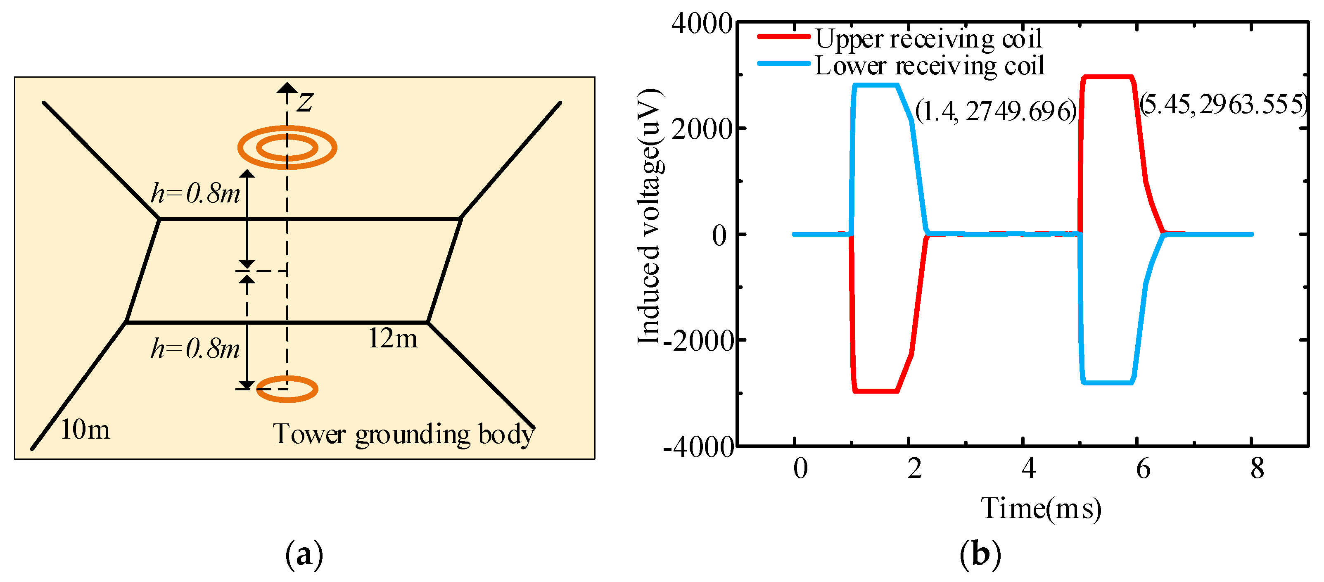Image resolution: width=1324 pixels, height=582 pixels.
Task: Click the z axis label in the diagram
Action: pyautogui.click(x=305, y=101)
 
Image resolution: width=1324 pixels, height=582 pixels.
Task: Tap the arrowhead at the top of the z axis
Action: pyautogui.click(x=287, y=88)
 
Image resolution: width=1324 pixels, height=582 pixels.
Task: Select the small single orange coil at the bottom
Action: pyautogui.click(x=287, y=389)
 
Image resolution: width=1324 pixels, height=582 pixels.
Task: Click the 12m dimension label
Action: pyautogui.click(x=393, y=339)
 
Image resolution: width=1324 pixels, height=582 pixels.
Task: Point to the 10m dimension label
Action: pyautogui.click(x=85, y=430)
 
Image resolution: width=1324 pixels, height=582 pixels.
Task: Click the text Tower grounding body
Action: pyautogui.click(x=403, y=435)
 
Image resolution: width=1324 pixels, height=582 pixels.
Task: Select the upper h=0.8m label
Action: pyautogui.click(x=195, y=194)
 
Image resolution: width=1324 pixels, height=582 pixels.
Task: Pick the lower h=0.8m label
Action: pyautogui.click(x=195, y=349)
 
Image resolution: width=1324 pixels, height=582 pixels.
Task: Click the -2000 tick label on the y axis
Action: pyautogui.click(x=698, y=340)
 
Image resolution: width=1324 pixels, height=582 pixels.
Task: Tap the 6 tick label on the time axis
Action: pyautogui.click(x=1143, y=469)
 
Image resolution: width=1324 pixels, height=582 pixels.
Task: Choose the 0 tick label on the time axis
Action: pyautogui.click(x=800, y=469)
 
